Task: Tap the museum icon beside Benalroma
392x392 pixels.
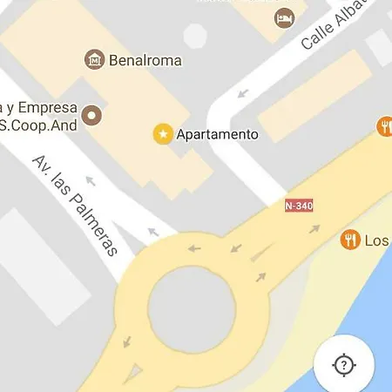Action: tap(94, 60)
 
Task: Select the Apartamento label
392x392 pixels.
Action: tap(217, 134)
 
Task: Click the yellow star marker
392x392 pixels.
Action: tap(163, 134)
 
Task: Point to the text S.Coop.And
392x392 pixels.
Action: tap(38, 125)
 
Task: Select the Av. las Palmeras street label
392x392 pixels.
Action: tap(75, 206)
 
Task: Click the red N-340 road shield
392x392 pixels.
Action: tap(299, 206)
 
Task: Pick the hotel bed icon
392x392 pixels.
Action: tap(284, 17)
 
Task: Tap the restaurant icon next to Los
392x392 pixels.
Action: tap(350, 239)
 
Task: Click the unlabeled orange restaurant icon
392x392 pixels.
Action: tap(385, 127)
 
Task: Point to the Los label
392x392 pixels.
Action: tap(376, 240)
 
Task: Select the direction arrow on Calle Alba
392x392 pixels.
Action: tap(242, 93)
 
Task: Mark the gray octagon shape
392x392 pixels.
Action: tap(195, 35)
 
